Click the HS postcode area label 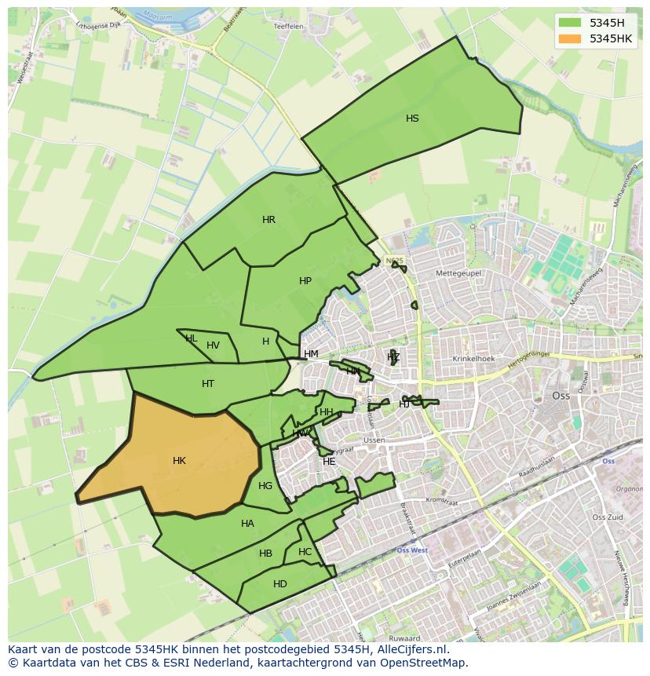point(412,119)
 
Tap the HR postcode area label point(268,220)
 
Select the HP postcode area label point(305,281)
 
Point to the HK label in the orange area point(179,461)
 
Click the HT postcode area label point(208,384)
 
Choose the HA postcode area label point(247,524)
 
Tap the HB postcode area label point(265,554)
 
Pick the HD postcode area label point(280,584)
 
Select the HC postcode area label point(305,552)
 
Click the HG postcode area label point(265,486)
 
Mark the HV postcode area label point(213,345)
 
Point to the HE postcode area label point(329,462)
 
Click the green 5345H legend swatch point(570,24)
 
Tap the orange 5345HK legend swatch point(570,38)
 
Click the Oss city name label point(561,396)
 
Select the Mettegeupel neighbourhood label point(458,273)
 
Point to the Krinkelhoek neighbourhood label point(473,359)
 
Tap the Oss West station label point(411,550)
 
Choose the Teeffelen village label point(288,26)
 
